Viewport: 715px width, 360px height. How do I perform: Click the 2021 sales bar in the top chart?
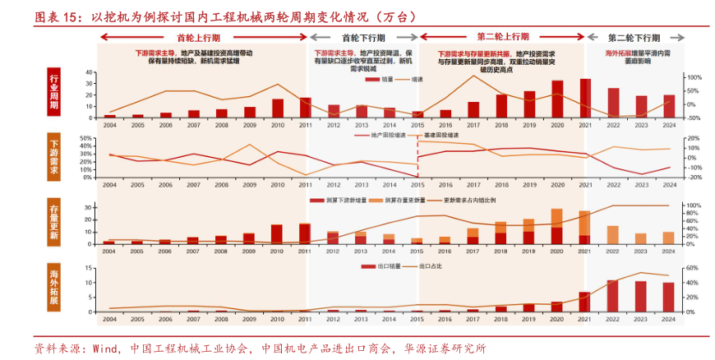[x=585, y=99]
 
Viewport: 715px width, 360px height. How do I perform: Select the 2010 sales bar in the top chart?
[x=278, y=108]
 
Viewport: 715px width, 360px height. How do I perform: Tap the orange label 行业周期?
[x=55, y=92]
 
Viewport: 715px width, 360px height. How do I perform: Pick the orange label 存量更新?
[x=55, y=223]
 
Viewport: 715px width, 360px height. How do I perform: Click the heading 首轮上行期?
[x=198, y=38]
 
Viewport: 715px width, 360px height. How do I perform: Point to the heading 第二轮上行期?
[x=503, y=38]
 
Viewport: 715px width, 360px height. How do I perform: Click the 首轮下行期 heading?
[x=362, y=38]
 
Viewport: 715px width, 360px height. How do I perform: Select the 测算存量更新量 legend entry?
[x=401, y=201]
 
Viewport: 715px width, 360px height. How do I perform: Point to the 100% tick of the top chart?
[x=693, y=77]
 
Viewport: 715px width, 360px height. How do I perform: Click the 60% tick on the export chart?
[x=691, y=268]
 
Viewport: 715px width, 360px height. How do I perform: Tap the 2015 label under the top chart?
[x=417, y=125]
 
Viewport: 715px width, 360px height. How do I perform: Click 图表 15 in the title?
[x=54, y=16]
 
